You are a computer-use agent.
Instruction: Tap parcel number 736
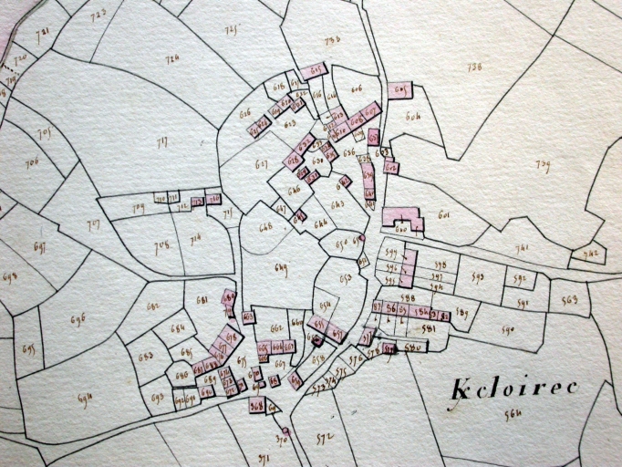pyautogui.click(x=473, y=67)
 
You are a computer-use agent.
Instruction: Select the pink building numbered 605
pyautogui.click(x=399, y=89)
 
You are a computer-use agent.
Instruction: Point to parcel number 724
pyautogui.click(x=171, y=60)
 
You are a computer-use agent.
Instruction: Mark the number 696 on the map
pyautogui.click(x=78, y=319)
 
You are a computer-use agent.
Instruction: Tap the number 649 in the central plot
pyautogui.click(x=281, y=267)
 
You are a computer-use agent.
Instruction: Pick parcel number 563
pyautogui.click(x=570, y=300)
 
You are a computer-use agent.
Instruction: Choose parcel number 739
pyautogui.click(x=544, y=165)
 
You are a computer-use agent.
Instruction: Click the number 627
pyautogui.click(x=262, y=165)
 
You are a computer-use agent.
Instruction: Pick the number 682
pyautogui.click(x=152, y=306)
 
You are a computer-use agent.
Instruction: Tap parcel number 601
pyautogui.click(x=444, y=215)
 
